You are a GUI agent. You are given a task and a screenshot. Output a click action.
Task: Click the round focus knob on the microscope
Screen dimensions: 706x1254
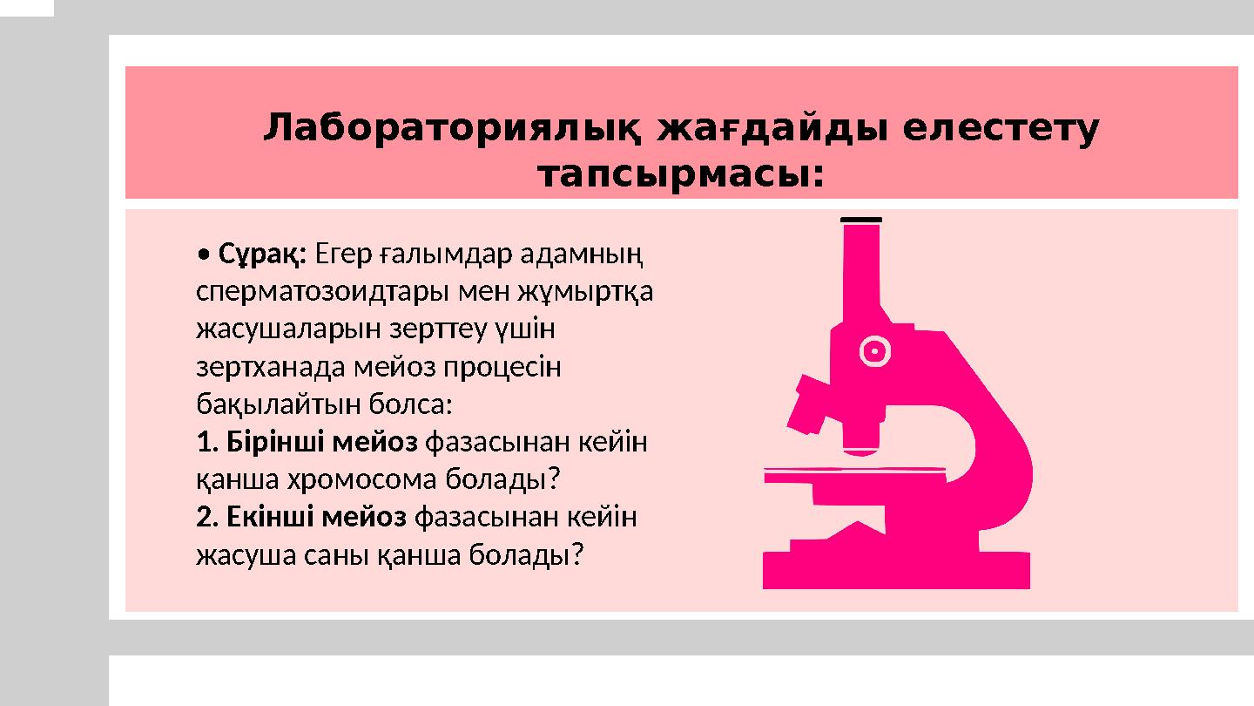pos(874,351)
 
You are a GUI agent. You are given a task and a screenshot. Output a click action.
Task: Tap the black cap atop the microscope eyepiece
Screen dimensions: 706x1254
pos(862,219)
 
